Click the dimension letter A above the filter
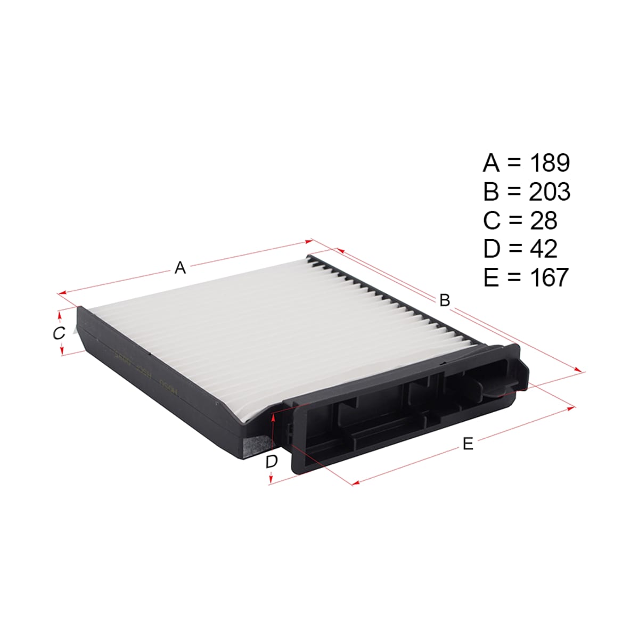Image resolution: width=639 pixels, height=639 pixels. click(180, 268)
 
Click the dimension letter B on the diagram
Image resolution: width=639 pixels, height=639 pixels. click(445, 300)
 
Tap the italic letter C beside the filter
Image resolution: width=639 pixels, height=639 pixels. click(59, 333)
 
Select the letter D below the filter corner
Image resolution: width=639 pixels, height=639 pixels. click(272, 461)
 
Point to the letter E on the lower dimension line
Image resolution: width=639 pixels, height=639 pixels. click(468, 444)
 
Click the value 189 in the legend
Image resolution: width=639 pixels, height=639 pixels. click(550, 163)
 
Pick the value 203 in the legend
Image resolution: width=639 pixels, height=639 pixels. click(550, 191)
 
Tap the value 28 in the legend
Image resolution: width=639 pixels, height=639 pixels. click(544, 220)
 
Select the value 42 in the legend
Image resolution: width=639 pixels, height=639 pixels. click(544, 249)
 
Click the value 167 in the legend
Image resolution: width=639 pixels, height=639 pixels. click(550, 277)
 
